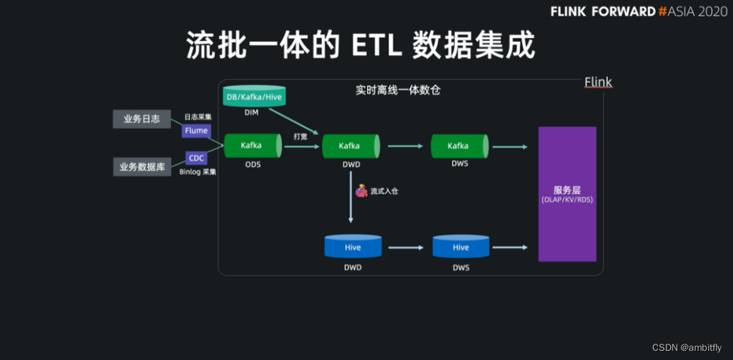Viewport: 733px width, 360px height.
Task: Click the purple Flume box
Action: point(196,131)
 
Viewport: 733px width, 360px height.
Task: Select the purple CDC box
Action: point(196,158)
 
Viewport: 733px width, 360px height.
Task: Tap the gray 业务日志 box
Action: point(142,119)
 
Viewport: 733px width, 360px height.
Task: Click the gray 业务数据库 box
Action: point(142,167)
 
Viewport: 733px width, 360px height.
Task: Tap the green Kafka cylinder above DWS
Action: point(459,146)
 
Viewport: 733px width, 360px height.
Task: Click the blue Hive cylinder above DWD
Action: point(353,247)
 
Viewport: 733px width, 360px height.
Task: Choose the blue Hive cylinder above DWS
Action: point(461,247)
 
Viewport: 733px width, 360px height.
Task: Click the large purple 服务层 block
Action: point(567,194)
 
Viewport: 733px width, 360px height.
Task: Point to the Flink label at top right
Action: point(598,83)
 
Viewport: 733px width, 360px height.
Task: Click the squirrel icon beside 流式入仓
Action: point(361,191)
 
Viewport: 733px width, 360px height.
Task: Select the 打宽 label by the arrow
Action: point(300,137)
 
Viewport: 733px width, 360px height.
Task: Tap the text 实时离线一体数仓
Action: point(398,91)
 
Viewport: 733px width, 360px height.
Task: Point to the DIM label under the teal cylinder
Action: point(252,112)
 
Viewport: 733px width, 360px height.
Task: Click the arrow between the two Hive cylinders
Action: point(405,248)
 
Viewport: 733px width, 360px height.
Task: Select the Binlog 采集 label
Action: point(197,172)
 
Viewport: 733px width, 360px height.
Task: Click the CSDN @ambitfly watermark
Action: point(686,347)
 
